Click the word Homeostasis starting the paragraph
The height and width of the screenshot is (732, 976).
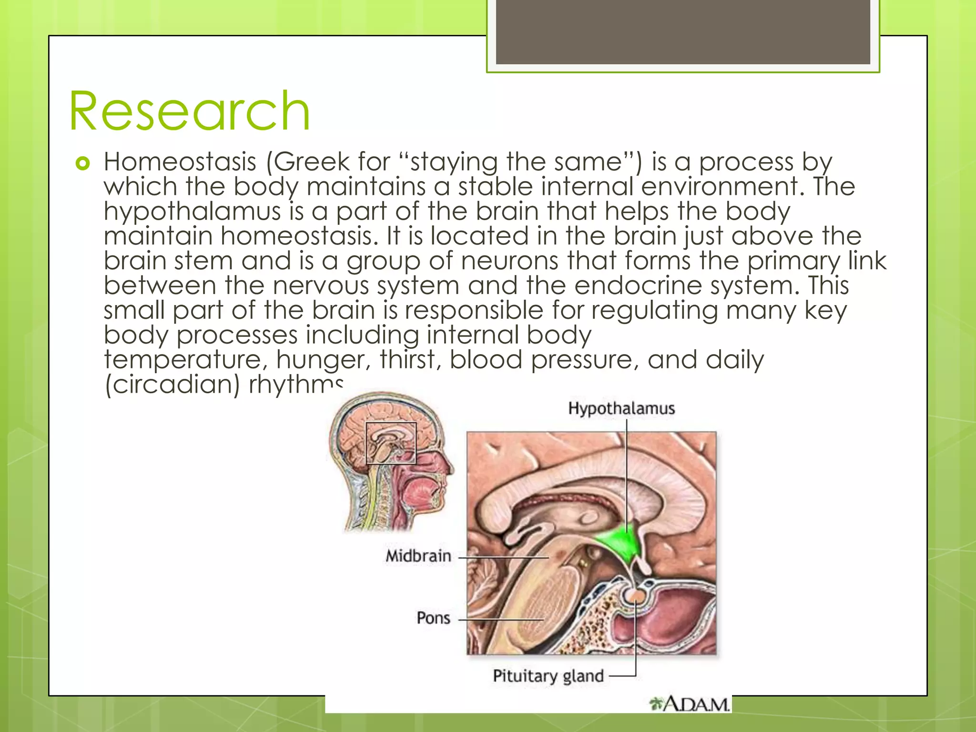tap(180, 162)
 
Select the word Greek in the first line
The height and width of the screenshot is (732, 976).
tap(311, 162)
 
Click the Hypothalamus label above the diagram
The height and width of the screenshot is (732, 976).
tap(621, 408)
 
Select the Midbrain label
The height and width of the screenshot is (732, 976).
tap(418, 556)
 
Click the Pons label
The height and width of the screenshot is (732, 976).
tap(433, 618)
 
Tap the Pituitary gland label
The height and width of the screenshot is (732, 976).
tap(548, 676)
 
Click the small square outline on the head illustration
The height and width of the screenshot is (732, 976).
tap(391, 443)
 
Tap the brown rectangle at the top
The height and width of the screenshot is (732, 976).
tap(682, 32)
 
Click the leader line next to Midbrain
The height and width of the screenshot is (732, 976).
tap(503, 557)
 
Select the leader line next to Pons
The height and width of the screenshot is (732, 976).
tap(500, 620)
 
